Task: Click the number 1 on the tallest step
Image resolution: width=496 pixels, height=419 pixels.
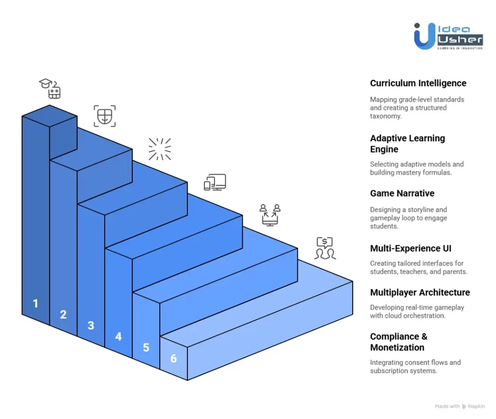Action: tap(35, 304)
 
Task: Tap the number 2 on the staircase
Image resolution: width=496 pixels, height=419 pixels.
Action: tap(63, 314)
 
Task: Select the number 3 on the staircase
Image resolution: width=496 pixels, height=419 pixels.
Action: tap(91, 326)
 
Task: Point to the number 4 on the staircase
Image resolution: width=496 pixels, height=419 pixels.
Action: tap(118, 336)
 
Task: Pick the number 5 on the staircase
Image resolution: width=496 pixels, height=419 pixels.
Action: tap(146, 347)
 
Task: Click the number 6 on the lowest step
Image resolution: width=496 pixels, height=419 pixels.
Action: tap(173, 359)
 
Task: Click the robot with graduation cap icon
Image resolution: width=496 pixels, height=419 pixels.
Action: tap(50, 89)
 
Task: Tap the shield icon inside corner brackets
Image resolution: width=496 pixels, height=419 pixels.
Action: tap(105, 116)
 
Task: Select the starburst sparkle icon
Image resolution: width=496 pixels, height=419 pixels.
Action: tap(160, 149)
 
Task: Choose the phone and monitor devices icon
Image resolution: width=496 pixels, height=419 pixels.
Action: tap(215, 182)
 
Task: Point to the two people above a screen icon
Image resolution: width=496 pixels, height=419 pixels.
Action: tap(270, 215)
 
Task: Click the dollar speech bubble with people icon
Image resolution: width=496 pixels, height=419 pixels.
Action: tap(325, 248)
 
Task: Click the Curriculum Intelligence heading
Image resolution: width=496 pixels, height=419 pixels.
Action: tap(418, 83)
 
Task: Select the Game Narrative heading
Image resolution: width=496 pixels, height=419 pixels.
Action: tap(402, 194)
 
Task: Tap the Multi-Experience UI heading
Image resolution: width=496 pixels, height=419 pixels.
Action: tap(410, 249)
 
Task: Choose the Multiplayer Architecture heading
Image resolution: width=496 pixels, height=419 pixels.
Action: tap(420, 292)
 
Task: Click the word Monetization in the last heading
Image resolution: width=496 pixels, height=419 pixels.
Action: tap(397, 347)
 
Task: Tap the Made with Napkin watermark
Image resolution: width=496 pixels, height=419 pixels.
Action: tap(460, 406)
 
